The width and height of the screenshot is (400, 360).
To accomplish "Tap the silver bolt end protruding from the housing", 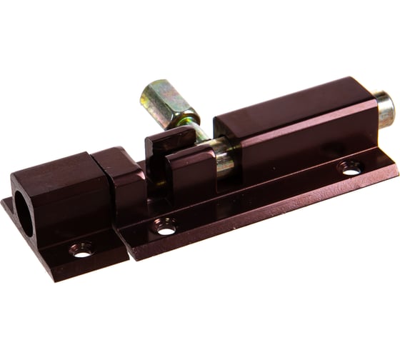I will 385,109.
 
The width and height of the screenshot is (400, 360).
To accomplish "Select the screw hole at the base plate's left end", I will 166,229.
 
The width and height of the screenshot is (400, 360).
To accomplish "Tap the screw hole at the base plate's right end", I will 350,169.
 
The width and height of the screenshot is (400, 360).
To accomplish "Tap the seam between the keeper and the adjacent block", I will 94,179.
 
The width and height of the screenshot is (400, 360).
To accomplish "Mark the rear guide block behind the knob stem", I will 160,146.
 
